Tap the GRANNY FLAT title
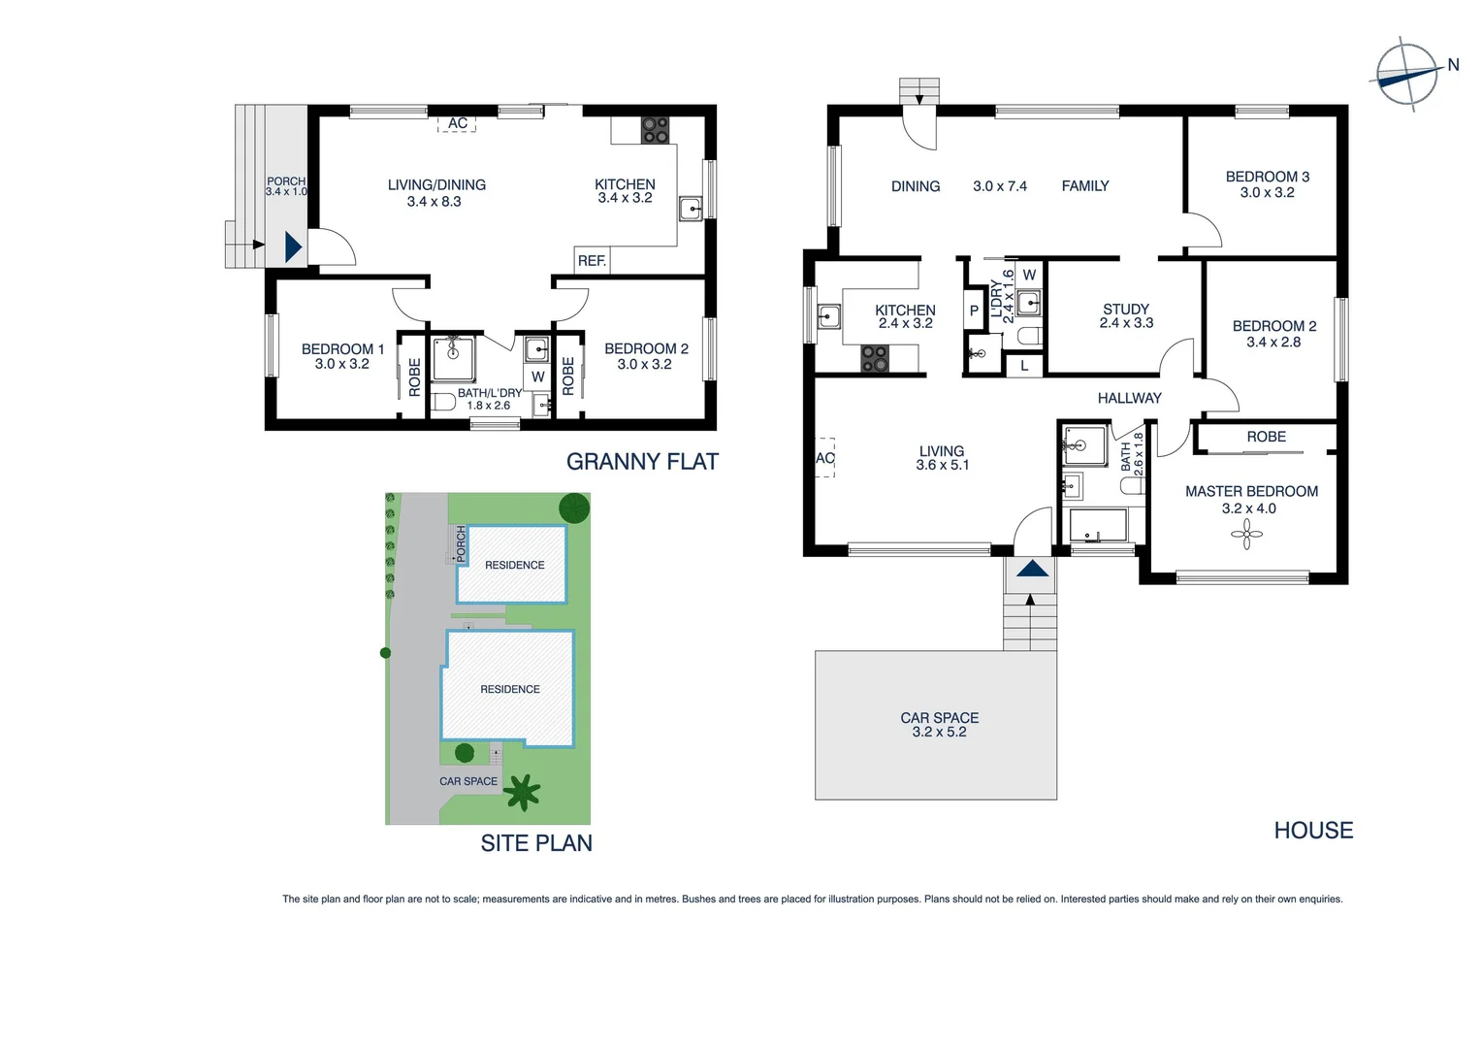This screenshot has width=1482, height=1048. click(x=642, y=462)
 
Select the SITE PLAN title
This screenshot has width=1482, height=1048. click(x=536, y=843)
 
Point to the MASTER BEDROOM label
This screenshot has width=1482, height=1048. click(x=1251, y=492)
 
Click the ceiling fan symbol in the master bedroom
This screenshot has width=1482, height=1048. click(x=1247, y=534)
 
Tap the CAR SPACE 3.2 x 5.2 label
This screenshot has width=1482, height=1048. click(x=939, y=725)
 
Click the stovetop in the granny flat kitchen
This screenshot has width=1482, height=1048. click(x=655, y=129)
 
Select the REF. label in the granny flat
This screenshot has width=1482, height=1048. click(x=592, y=261)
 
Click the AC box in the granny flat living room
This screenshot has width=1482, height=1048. click(x=458, y=123)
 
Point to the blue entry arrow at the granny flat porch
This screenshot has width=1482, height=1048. click(x=293, y=247)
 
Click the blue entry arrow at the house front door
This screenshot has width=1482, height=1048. click(x=1032, y=569)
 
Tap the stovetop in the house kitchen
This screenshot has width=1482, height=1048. click(x=875, y=359)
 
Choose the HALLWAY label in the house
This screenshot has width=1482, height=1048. click(x=1129, y=398)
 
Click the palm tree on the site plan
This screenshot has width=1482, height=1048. click(x=522, y=792)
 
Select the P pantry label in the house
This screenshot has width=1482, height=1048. click(x=974, y=311)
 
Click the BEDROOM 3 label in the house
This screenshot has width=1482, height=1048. click(x=1267, y=177)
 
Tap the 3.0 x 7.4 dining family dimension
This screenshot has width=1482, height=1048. click(x=999, y=186)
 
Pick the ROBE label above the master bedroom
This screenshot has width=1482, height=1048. click(x=1266, y=438)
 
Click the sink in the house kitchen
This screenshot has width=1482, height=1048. click(x=828, y=315)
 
